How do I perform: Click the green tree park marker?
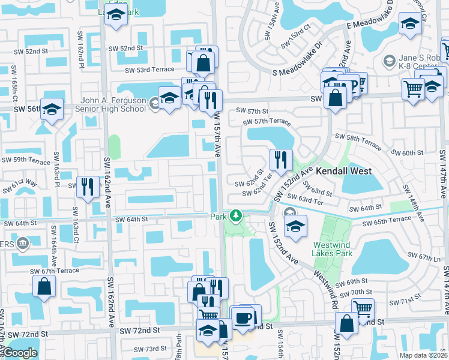(x=237, y=215)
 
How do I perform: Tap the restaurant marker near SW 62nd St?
(x=281, y=160)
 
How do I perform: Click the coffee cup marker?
(x=243, y=317)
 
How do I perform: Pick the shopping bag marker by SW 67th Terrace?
(x=45, y=287)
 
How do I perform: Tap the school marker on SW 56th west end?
(x=52, y=109)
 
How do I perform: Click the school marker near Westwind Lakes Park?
(x=295, y=226)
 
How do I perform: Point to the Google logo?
(x=20, y=353)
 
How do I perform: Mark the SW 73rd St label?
(x=150, y=349)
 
